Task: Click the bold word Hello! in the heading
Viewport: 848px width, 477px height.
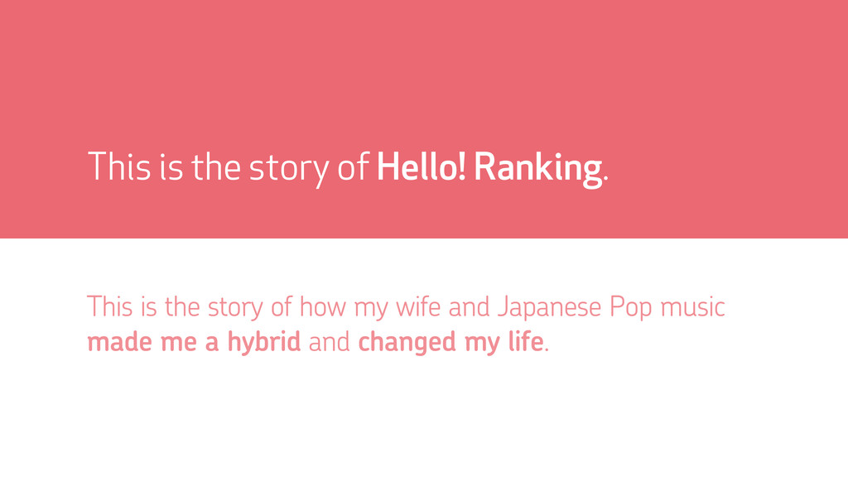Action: (x=421, y=166)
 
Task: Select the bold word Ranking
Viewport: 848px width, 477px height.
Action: (x=537, y=170)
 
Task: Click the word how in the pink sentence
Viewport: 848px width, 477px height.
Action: (x=322, y=306)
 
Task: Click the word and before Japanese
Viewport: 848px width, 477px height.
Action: (x=469, y=306)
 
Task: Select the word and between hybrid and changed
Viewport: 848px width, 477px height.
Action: (x=330, y=342)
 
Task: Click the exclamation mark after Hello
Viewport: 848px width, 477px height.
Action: (x=461, y=166)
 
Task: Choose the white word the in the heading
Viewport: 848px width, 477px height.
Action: (x=216, y=166)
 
